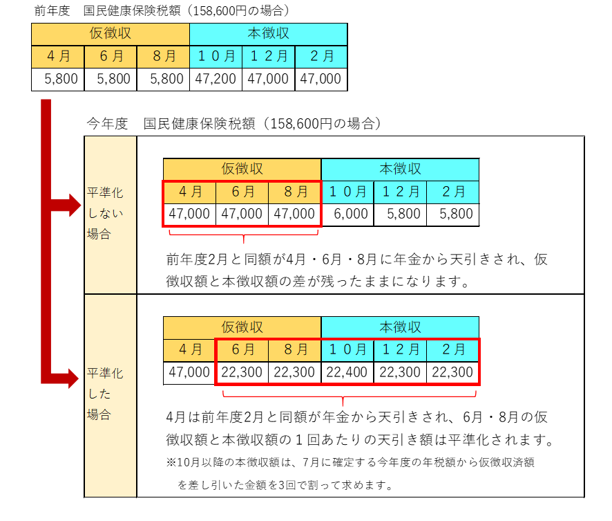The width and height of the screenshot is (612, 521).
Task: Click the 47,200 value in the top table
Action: coord(216,79)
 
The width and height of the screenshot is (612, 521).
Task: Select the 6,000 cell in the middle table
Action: coord(350,214)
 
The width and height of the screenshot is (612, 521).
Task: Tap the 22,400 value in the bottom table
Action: coord(347,372)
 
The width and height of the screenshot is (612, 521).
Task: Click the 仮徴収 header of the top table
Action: coord(111,34)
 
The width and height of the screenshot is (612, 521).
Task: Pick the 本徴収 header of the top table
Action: coord(269,34)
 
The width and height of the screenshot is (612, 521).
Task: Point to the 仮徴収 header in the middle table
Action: coord(242,169)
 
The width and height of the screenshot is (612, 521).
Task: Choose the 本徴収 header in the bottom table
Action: coord(401,327)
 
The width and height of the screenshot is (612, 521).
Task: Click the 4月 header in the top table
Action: coord(58,56)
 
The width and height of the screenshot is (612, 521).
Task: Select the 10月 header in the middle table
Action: coord(347,192)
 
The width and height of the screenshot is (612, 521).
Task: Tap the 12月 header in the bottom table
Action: coord(401,349)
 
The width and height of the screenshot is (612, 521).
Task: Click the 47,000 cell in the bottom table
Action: coord(189,372)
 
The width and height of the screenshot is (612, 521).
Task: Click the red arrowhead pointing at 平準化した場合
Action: coord(73,378)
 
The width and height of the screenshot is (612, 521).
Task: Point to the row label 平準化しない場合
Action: coord(105,213)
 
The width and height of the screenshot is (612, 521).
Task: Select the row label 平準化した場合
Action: coord(105,394)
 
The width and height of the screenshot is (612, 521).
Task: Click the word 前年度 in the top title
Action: coord(52,10)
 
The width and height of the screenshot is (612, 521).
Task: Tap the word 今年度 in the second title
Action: coord(107,124)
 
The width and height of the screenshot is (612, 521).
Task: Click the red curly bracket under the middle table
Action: coord(244,235)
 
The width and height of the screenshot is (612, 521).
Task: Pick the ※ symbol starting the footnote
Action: coord(171,462)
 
